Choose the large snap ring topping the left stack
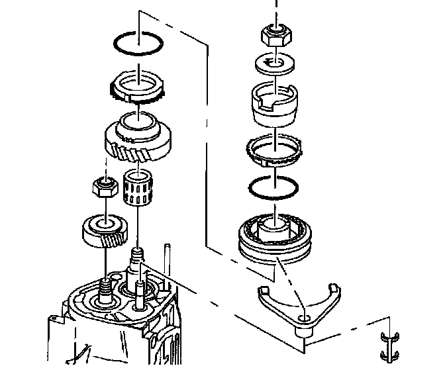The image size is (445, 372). [138, 46]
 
